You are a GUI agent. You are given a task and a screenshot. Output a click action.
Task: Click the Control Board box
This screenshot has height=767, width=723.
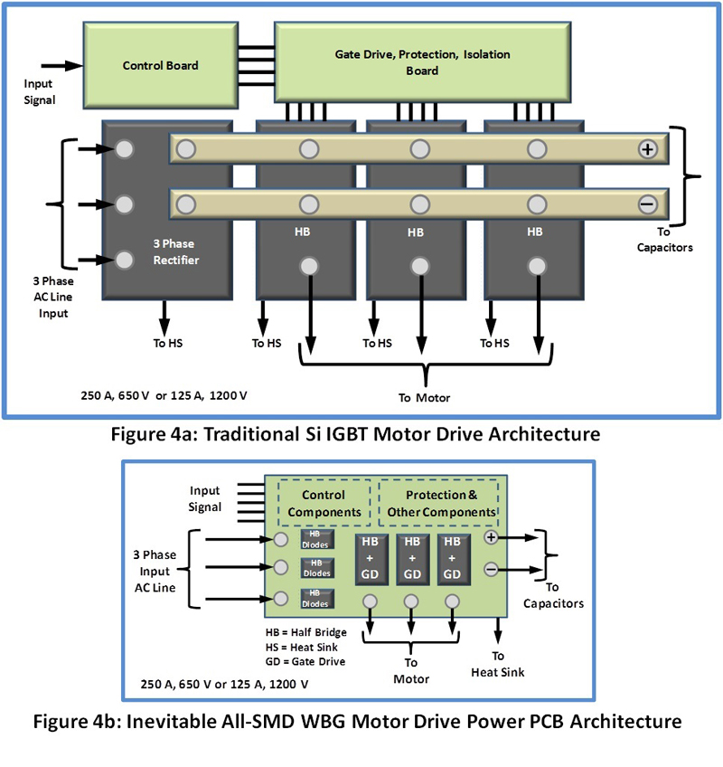[x=160, y=65]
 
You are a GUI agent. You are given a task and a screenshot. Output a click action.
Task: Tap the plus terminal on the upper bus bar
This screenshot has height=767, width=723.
[x=647, y=149]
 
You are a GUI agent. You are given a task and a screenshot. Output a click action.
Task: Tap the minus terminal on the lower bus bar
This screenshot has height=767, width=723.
[x=647, y=204]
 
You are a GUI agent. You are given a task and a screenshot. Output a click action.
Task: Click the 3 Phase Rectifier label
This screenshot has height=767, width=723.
[x=177, y=251]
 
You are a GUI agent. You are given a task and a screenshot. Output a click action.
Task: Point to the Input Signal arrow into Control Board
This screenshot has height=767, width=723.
[x=61, y=65]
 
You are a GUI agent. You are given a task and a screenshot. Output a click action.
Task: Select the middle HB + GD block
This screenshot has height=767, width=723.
[x=411, y=558]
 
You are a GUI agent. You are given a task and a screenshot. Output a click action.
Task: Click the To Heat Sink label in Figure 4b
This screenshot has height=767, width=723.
[x=499, y=664]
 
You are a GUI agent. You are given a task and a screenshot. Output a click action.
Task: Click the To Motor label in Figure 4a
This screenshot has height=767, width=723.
[x=424, y=398]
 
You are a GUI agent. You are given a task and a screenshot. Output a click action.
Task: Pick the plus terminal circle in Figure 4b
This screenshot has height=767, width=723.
[x=491, y=537]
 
